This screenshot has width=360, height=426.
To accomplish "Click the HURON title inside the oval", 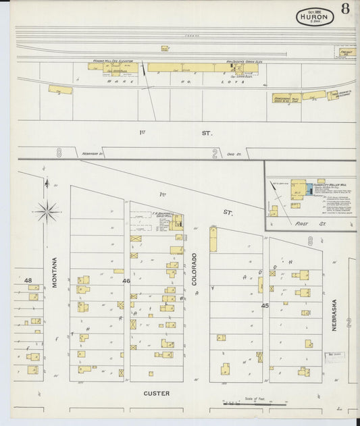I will (314, 17).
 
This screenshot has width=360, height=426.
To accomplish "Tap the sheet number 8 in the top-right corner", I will (345, 9).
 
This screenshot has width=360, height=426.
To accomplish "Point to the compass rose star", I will (47, 211).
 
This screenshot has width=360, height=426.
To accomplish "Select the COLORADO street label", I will (194, 269).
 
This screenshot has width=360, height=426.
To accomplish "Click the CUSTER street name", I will (157, 393).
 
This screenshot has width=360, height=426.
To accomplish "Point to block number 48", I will (28, 279).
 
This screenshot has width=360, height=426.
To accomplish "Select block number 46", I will (126, 279).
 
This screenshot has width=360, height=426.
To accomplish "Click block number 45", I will (265, 305).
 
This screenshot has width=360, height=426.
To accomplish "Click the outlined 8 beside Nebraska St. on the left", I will (59, 153).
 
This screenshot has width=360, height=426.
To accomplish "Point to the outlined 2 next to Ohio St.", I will (215, 154).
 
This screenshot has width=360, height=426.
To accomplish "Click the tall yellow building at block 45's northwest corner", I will (213, 240).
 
